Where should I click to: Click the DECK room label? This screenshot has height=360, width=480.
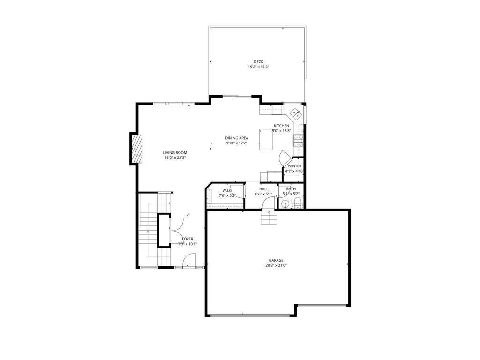click(258, 62)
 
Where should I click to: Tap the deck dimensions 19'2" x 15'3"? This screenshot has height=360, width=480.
click(258, 67)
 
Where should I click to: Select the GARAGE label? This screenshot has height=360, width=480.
click(276, 260)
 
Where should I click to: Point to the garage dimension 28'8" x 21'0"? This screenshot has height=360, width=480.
click(276, 265)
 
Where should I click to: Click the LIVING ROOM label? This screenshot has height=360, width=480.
click(175, 153)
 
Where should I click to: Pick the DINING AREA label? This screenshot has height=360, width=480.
click(237, 138)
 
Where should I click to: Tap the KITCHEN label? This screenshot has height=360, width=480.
click(281, 126)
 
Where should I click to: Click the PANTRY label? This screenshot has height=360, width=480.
click(294, 166)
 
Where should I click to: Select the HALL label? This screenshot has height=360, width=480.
click(263, 189)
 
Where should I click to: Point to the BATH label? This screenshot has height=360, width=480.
click(291, 189)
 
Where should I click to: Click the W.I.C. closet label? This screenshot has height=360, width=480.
click(227, 190)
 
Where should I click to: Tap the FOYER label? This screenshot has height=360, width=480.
click(187, 239)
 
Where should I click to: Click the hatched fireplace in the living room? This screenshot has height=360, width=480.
click(137, 149)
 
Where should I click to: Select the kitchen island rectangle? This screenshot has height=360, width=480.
click(266, 140)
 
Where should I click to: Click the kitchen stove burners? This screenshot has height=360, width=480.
click(298, 141)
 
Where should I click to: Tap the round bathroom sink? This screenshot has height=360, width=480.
click(285, 203)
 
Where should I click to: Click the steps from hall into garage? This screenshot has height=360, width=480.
click(269, 217)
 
